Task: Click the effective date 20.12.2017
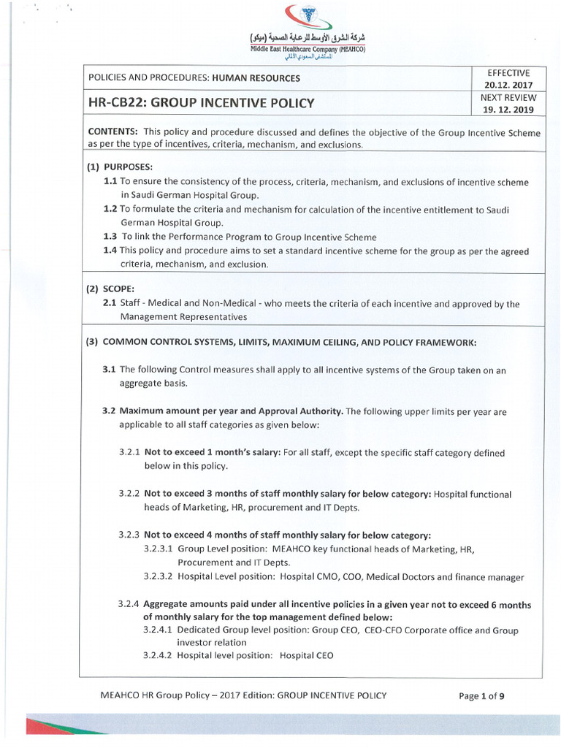[512, 85]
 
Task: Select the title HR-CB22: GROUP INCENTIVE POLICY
[201, 103]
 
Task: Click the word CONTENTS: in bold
[113, 132]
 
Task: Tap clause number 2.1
[110, 304]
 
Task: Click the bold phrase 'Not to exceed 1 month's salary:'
[210, 452]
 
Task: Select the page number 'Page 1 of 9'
[481, 695]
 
